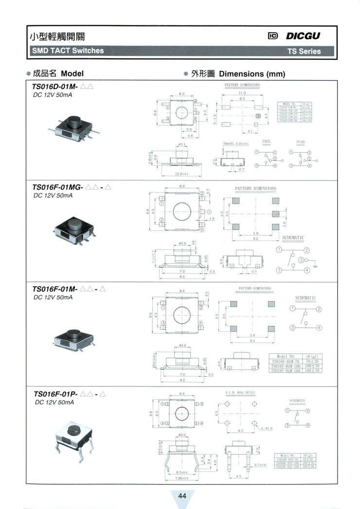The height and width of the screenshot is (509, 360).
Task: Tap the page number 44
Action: (182, 496)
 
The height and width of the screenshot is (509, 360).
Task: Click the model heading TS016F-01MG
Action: (58, 187)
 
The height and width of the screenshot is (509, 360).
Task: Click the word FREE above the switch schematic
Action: (266, 141)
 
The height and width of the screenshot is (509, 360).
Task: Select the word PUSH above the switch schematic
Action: (300, 141)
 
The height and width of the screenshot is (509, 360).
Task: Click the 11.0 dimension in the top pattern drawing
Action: (242, 92)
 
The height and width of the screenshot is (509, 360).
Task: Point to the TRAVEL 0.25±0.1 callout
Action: (235, 144)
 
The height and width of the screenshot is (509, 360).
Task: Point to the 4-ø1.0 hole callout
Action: (267, 428)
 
